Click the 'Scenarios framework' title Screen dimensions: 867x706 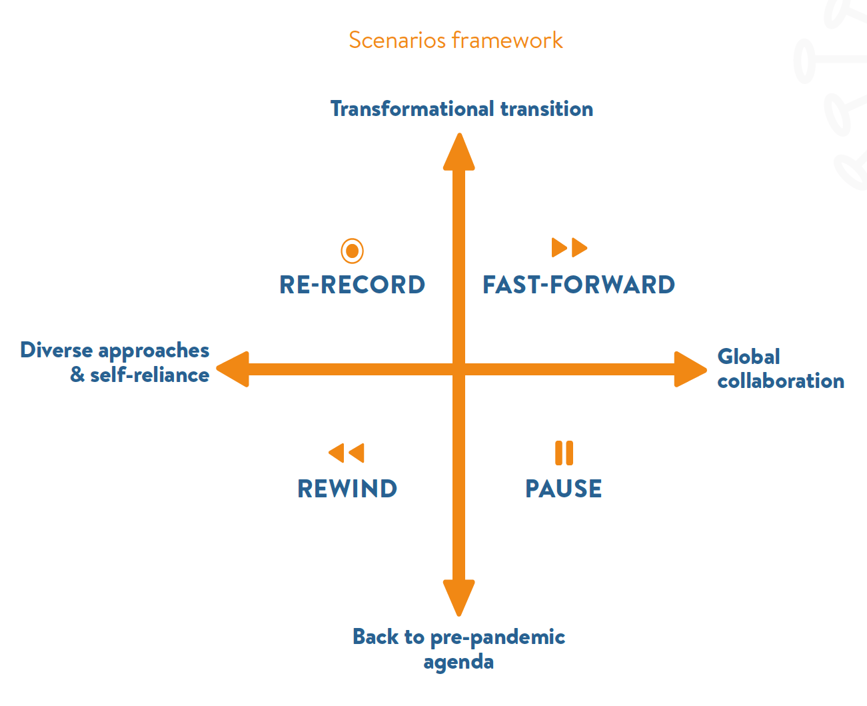point(455,40)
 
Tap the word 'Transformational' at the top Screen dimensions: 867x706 point(413,109)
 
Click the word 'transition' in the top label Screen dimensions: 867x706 point(546,109)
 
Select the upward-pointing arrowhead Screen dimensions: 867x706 point(459,152)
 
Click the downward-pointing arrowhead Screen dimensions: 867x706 point(458,598)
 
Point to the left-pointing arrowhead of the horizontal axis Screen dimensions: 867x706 point(233,369)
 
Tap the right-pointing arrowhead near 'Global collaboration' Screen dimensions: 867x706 point(690,369)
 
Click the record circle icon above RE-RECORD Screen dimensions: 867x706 point(352,251)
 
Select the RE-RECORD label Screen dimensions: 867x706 point(352,285)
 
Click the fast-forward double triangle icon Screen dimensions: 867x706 point(570,247)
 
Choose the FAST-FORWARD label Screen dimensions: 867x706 point(578,285)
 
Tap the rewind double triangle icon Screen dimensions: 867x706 point(347,453)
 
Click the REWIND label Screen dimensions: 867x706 point(347,489)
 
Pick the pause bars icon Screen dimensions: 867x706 point(564,453)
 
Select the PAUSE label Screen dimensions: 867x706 point(564,489)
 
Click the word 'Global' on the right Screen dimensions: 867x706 point(748,357)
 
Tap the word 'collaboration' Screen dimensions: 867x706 point(781,381)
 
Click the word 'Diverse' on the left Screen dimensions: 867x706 point(57,350)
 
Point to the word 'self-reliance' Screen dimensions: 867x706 point(150,375)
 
